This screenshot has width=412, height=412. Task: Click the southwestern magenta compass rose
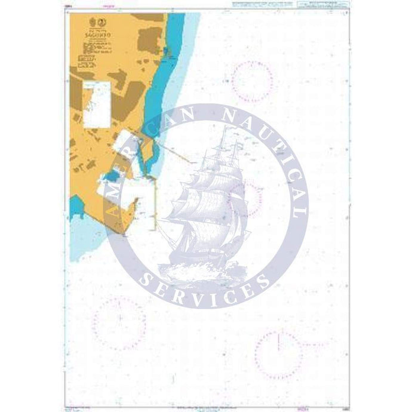pyautogui.click(x=119, y=322)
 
